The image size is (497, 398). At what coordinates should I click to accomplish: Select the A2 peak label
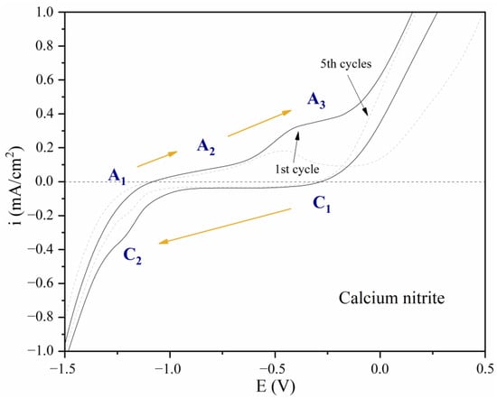[x=207, y=146]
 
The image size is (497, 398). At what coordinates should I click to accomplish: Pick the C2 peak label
[x=134, y=255]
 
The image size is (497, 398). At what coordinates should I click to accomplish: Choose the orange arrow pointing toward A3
[x=259, y=124]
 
